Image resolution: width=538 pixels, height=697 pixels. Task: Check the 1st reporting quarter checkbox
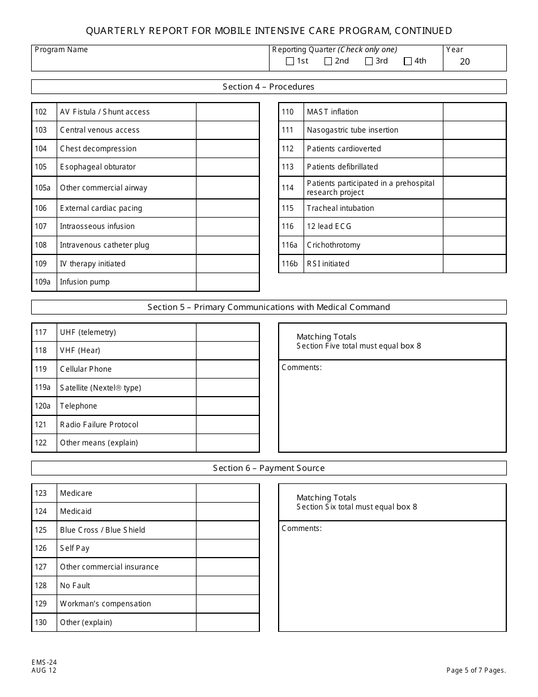(290, 62)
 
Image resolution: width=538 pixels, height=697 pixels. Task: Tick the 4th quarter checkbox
(408, 62)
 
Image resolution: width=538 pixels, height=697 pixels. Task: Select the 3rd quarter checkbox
(369, 62)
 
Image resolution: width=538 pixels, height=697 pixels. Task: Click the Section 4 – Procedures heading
(268, 87)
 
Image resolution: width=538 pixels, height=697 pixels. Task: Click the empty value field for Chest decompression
(228, 148)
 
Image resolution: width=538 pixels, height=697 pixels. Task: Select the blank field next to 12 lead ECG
(474, 227)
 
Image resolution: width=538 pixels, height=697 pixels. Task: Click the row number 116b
(289, 263)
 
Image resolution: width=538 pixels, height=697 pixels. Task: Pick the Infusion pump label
(85, 282)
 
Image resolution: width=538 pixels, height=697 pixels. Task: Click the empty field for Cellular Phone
(228, 369)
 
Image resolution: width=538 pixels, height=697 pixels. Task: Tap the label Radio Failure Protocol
(99, 424)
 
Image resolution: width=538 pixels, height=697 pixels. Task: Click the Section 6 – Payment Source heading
(268, 468)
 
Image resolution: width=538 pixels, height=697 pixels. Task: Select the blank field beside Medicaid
(228, 512)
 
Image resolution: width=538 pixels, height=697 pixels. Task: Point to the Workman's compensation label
(105, 603)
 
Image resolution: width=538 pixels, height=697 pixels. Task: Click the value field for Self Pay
(228, 549)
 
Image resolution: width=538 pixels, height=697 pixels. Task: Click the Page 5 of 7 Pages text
(476, 670)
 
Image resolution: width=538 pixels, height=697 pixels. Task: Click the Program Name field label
(61, 49)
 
